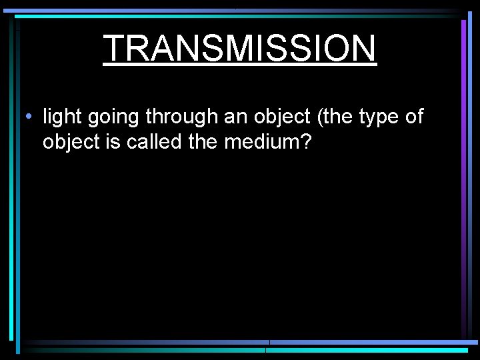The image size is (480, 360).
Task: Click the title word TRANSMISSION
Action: pyautogui.click(x=240, y=48)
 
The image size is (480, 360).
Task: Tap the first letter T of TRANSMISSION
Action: pyautogui.click(x=116, y=48)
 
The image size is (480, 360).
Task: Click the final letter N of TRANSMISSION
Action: pyautogui.click(x=363, y=48)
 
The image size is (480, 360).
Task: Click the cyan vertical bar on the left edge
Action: pyautogui.click(x=12, y=180)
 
